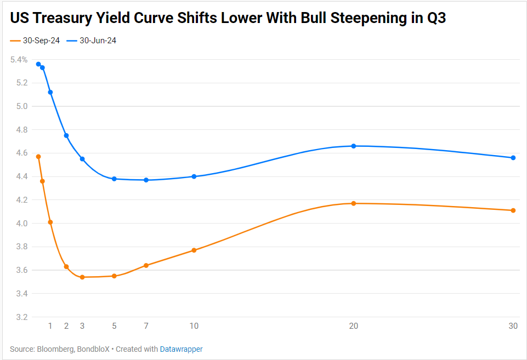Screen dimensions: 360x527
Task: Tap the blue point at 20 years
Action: click(354, 146)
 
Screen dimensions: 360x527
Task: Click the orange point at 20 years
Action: click(354, 203)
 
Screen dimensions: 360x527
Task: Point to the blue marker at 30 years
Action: click(513, 158)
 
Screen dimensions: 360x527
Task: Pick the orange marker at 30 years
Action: click(513, 210)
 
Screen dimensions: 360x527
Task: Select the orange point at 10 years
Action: click(194, 250)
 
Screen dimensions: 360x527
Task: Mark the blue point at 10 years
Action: click(194, 176)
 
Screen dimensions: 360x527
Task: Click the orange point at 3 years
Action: click(82, 277)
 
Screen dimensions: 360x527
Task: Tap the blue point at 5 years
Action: click(114, 179)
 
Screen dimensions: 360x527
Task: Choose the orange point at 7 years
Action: click(146, 265)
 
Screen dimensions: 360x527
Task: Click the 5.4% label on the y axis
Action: click(19, 60)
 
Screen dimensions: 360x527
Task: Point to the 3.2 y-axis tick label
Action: click(21, 317)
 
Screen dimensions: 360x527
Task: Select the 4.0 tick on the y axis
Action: click(21, 224)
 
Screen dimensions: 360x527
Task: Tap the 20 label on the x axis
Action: click(354, 326)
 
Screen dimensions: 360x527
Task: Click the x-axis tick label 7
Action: click(146, 326)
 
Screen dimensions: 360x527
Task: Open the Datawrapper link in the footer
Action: click(181, 349)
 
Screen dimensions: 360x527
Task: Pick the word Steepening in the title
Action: click(359, 18)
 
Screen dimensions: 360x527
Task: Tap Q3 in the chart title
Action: click(437, 18)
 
